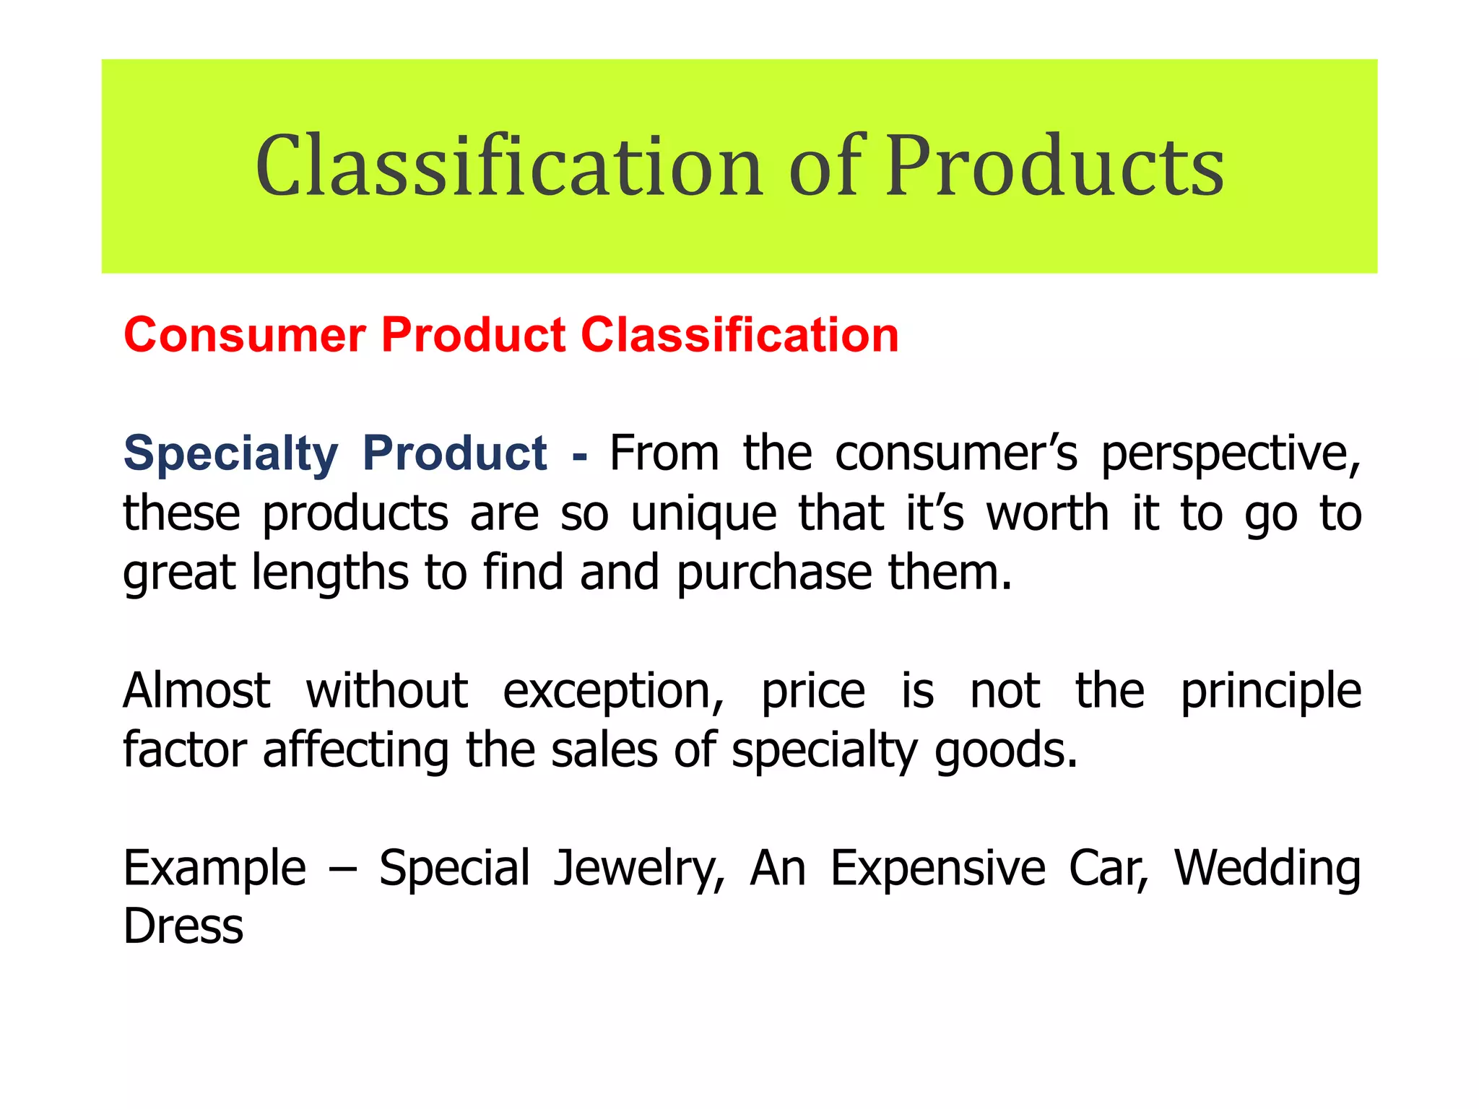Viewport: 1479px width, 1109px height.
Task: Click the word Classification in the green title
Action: [x=509, y=167]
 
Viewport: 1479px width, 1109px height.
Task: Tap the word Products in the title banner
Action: [x=1055, y=167]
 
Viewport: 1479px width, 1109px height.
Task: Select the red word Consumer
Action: [x=245, y=336]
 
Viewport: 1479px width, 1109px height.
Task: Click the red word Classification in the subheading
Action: [x=739, y=336]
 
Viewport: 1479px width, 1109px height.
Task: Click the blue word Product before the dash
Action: [x=454, y=454]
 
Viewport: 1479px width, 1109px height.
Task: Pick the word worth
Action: [x=1047, y=513]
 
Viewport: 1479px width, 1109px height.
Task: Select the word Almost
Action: [x=196, y=691]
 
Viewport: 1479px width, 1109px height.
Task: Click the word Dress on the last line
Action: [x=183, y=926]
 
